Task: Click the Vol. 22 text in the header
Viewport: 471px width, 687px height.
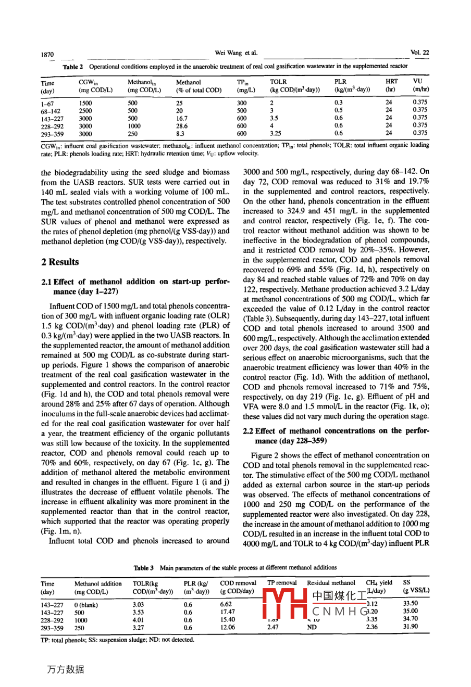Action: pyautogui.click(x=419, y=53)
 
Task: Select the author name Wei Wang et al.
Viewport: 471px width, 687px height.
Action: pyautogui.click(x=236, y=53)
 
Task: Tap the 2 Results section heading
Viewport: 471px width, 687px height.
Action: pyautogui.click(x=60, y=262)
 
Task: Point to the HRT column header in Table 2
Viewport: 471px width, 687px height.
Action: pyautogui.click(x=391, y=82)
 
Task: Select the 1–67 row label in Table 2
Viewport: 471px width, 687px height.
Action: pyautogui.click(x=48, y=103)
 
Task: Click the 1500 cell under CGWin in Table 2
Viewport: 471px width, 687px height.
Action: pyautogui.click(x=85, y=103)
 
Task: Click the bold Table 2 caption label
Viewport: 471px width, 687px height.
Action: pyautogui.click(x=73, y=67)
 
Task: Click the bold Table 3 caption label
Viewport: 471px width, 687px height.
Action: pyautogui.click(x=144, y=568)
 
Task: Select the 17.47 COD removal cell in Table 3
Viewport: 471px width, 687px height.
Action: pyautogui.click(x=227, y=612)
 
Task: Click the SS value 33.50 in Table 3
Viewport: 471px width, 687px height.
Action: pyautogui.click(x=411, y=604)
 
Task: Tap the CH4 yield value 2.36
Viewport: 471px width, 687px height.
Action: pyautogui.click(x=371, y=627)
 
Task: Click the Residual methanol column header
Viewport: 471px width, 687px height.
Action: pyautogui.click(x=331, y=583)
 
